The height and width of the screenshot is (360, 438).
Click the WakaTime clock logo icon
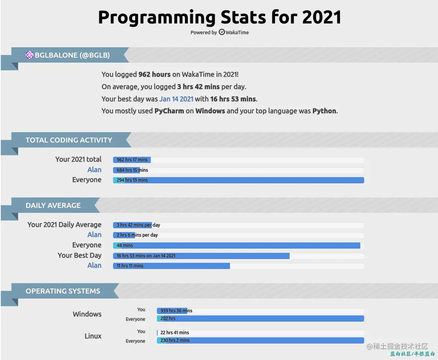(x=222, y=32)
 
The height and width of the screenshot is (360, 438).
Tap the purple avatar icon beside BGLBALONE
(x=30, y=55)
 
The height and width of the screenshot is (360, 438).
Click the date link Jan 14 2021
(x=176, y=99)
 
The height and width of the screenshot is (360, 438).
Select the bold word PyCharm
(x=169, y=111)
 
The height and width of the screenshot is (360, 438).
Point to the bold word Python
(x=325, y=111)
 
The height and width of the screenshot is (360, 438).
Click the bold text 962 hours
(x=154, y=74)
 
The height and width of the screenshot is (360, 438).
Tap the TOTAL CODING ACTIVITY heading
(x=69, y=140)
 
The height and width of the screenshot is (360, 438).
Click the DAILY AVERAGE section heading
(x=53, y=206)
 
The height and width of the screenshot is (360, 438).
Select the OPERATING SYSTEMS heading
(x=63, y=291)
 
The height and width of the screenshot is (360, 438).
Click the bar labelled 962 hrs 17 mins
(x=132, y=160)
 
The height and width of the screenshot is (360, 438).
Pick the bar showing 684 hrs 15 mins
(x=127, y=170)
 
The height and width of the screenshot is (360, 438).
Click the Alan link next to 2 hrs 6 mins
(x=94, y=235)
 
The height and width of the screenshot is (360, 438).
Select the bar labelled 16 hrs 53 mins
(x=201, y=256)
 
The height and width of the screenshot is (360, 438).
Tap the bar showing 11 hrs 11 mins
(x=171, y=266)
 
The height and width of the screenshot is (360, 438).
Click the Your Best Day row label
(x=80, y=255)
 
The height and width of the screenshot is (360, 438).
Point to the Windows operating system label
(x=87, y=314)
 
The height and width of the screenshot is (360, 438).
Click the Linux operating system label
(x=93, y=336)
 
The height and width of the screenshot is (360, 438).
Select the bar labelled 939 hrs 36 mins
(x=172, y=311)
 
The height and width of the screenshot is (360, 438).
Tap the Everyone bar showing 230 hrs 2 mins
(x=260, y=340)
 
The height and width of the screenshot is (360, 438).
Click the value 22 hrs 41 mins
(x=175, y=333)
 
